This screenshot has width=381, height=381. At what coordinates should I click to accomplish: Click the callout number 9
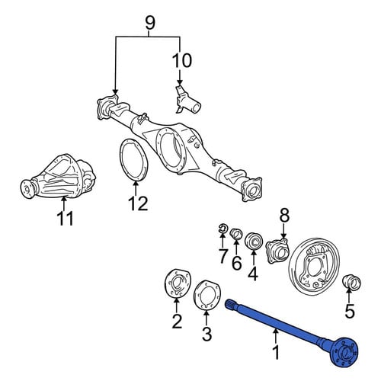(x=150, y=24)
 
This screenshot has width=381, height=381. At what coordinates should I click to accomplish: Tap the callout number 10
(x=182, y=60)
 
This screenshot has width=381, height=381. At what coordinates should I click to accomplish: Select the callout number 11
(x=65, y=219)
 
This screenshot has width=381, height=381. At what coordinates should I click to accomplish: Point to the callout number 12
(x=138, y=203)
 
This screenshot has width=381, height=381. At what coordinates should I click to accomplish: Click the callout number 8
(x=284, y=216)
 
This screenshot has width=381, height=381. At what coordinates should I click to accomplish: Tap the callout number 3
(x=207, y=334)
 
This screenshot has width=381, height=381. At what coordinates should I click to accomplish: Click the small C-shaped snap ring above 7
(x=223, y=229)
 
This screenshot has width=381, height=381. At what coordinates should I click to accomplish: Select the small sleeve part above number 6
(x=236, y=234)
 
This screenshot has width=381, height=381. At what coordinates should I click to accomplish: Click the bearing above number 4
(x=253, y=241)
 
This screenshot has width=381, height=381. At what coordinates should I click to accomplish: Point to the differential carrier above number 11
(x=59, y=176)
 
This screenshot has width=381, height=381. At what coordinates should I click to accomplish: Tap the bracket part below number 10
(x=187, y=100)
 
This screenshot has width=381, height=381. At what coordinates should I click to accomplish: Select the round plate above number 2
(x=177, y=283)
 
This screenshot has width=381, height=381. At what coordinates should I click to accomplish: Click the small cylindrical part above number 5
(x=352, y=282)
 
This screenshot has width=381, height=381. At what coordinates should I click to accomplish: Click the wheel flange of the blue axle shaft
(x=345, y=352)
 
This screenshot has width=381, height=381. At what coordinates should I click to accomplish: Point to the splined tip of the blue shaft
(x=230, y=303)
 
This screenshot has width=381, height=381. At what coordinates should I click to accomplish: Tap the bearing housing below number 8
(x=277, y=250)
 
